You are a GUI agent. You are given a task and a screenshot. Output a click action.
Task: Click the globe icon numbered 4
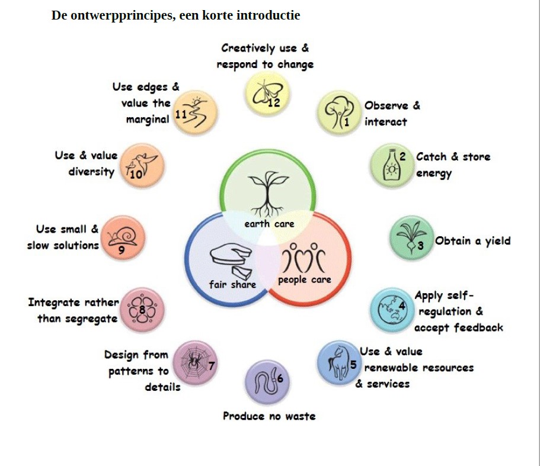(391, 310)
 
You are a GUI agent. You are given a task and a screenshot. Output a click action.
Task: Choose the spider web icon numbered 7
(194, 362)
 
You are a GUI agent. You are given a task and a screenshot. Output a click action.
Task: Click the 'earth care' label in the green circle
(269, 224)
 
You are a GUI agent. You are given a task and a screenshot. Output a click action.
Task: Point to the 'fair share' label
(232, 284)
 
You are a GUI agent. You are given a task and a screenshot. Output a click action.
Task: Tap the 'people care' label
(304, 279)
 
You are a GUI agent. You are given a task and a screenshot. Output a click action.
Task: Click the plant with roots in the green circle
(268, 192)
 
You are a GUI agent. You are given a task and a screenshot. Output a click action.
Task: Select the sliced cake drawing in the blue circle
(231, 261)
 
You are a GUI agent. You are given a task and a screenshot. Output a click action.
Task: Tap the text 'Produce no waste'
(269, 416)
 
